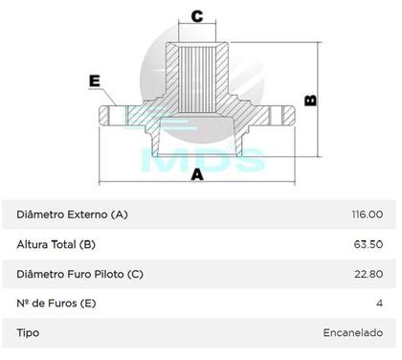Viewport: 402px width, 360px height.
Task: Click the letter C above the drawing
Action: click(x=196, y=15)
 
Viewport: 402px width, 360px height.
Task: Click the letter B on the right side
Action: click(x=309, y=100)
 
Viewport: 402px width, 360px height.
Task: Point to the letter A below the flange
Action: click(x=196, y=175)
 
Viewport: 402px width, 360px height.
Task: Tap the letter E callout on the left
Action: click(x=94, y=81)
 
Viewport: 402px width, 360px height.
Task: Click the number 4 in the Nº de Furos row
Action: click(x=379, y=304)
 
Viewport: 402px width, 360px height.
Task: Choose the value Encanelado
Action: click(x=352, y=333)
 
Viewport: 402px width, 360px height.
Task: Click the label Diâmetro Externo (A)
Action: click(x=72, y=214)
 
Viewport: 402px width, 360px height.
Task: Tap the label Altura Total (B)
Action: click(x=56, y=244)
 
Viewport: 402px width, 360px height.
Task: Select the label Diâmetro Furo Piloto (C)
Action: click(x=80, y=274)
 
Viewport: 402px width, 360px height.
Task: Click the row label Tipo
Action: click(x=28, y=333)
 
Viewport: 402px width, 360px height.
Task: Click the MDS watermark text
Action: click(x=202, y=158)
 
